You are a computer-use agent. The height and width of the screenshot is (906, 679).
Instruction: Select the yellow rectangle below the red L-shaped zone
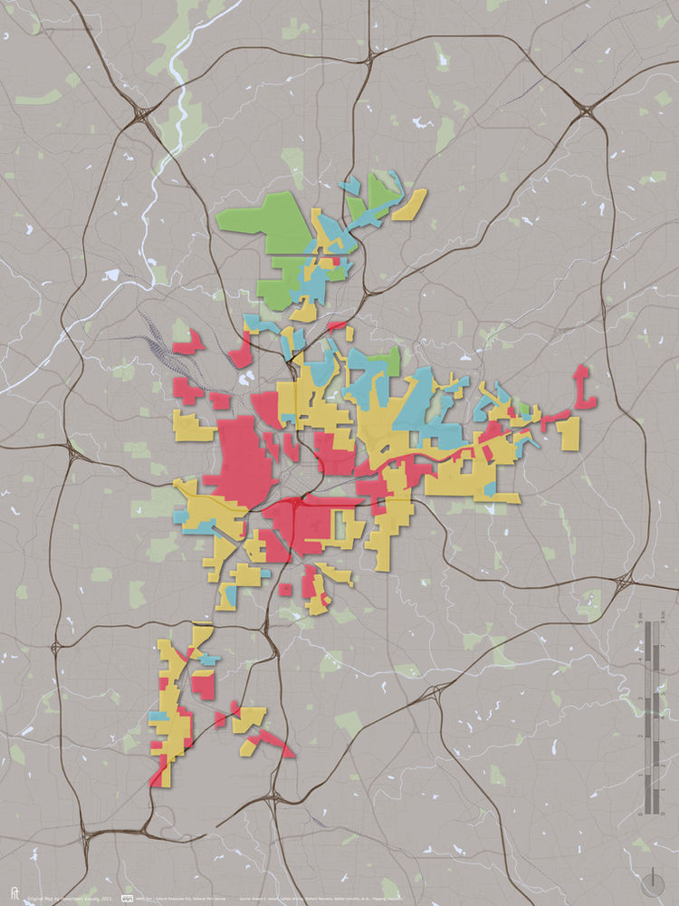569,432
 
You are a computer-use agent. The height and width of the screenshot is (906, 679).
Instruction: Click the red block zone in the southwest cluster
204,684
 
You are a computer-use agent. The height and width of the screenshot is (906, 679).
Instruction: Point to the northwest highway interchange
142,115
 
